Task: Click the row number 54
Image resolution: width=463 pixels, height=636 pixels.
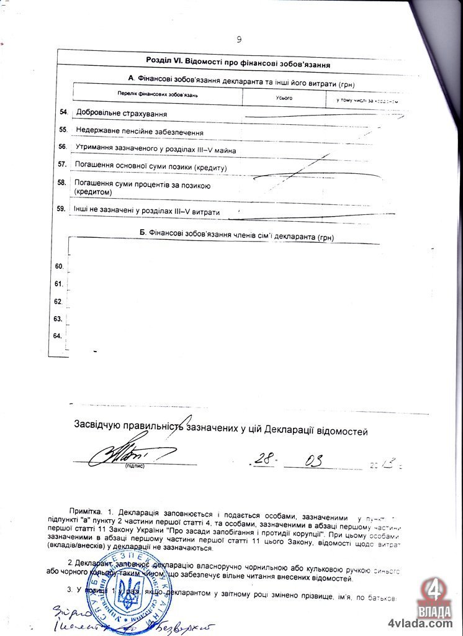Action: pyautogui.click(x=63, y=112)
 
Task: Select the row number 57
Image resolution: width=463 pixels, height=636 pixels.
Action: pyautogui.click(x=62, y=165)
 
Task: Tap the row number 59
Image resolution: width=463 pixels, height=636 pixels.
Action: pyautogui.click(x=61, y=209)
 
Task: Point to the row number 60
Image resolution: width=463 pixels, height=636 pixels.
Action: pyautogui.click(x=60, y=266)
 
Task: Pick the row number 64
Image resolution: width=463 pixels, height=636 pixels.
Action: pyautogui.click(x=58, y=336)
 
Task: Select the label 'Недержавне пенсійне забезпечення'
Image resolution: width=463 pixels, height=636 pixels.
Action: pyautogui.click(x=140, y=132)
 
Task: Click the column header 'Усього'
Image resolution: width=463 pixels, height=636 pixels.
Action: pyautogui.click(x=284, y=99)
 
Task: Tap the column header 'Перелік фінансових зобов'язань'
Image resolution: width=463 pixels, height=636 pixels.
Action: pyautogui.click(x=158, y=94)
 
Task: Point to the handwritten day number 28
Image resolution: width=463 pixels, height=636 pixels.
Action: pyautogui.click(x=265, y=459)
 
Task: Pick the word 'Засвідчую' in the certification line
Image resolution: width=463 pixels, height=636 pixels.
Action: pyautogui.click(x=101, y=425)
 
